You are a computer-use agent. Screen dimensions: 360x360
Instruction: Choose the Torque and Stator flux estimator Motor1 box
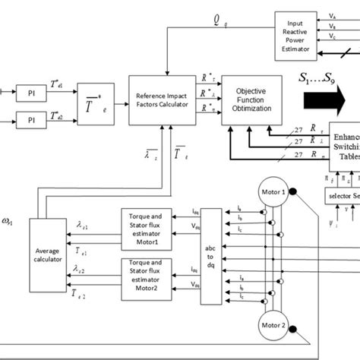click(x=152, y=225)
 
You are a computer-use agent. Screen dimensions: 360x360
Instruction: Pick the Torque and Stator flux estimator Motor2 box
click(x=152, y=274)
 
